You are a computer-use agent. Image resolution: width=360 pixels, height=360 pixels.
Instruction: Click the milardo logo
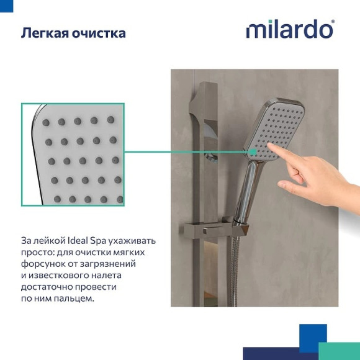pyautogui.click(x=289, y=30)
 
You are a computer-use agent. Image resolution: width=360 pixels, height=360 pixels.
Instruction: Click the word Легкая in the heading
pyautogui.click(x=45, y=33)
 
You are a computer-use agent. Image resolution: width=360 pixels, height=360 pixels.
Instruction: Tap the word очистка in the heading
pyautogui.click(x=99, y=33)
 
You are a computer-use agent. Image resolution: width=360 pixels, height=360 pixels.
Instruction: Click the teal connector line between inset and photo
pyautogui.click(x=186, y=152)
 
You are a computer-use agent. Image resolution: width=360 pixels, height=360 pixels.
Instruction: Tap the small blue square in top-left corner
pyautogui.click(x=6, y=6)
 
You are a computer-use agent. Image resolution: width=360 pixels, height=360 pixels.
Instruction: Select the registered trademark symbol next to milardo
pyautogui.click(x=333, y=22)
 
